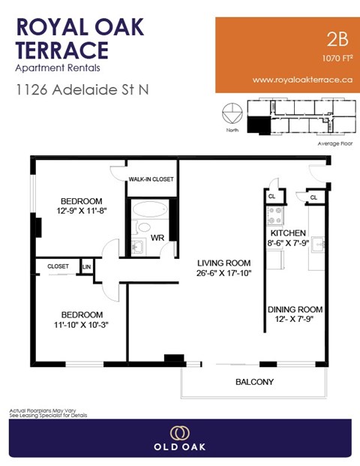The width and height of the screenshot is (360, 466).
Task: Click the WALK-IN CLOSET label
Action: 151,180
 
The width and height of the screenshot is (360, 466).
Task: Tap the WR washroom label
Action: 158,239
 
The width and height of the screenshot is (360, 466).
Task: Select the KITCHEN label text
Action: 287,231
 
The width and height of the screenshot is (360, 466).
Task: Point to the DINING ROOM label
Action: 295,309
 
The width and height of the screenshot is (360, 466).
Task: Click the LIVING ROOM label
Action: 223,263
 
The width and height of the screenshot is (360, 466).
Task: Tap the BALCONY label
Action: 254,382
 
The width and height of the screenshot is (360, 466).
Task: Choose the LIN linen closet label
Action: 86,266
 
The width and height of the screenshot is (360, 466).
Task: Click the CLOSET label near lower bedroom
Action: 58,266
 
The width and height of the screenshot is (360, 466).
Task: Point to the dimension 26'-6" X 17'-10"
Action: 223,274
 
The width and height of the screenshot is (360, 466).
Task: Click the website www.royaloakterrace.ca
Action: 301,79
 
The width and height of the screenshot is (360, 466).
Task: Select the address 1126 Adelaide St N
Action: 82,90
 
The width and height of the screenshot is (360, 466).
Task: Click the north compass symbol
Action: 232,114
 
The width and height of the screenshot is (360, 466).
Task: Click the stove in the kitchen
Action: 275,215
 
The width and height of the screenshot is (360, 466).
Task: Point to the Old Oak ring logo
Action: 179,433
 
